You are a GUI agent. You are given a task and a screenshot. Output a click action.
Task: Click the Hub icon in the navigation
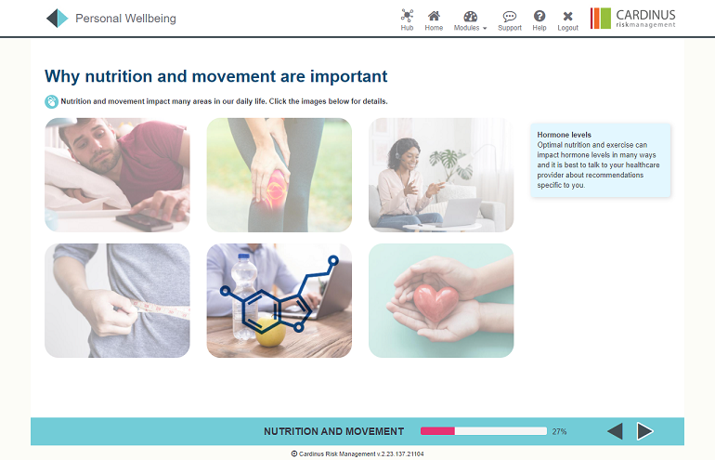[407, 16]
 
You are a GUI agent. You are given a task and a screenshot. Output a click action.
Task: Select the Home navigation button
[434, 16]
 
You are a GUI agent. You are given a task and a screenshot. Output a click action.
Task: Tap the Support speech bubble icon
[510, 17]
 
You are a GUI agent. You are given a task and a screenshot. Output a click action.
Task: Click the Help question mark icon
[539, 16]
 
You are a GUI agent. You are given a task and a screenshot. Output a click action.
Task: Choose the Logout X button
[567, 17]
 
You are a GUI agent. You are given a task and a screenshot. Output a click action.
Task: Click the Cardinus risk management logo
[632, 19]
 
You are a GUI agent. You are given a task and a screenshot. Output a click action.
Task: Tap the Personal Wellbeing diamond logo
[57, 19]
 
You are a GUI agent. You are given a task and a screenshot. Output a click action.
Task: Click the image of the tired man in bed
[117, 175]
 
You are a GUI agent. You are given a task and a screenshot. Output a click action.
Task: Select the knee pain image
[279, 175]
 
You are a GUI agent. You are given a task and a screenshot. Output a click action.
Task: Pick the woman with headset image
[441, 175]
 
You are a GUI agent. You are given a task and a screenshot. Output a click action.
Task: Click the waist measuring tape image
[117, 300]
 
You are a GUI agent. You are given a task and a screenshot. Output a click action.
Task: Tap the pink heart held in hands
[435, 302]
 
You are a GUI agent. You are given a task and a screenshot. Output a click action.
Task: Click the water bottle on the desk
[244, 296]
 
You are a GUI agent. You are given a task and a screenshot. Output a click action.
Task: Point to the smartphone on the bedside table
[144, 222]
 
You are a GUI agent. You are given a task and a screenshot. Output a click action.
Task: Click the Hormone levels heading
[564, 135]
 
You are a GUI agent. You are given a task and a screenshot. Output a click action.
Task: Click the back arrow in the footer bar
[615, 431]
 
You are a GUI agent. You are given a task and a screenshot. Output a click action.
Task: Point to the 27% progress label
[559, 431]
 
